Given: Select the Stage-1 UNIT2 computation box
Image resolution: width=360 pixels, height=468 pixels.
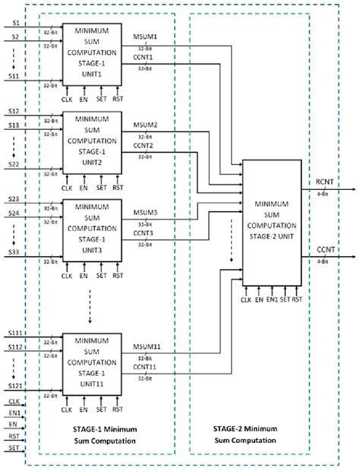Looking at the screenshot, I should (92, 141).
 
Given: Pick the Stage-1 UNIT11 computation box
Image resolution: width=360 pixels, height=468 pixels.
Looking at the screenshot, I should (92, 362).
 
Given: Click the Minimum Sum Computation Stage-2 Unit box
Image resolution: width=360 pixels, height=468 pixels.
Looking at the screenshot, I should (271, 221).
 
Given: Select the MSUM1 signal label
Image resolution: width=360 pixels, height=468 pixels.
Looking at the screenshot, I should (146, 36).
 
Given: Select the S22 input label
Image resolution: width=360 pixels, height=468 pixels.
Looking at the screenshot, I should (15, 164).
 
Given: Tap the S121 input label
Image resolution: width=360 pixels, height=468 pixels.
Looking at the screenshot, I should (15, 385).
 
